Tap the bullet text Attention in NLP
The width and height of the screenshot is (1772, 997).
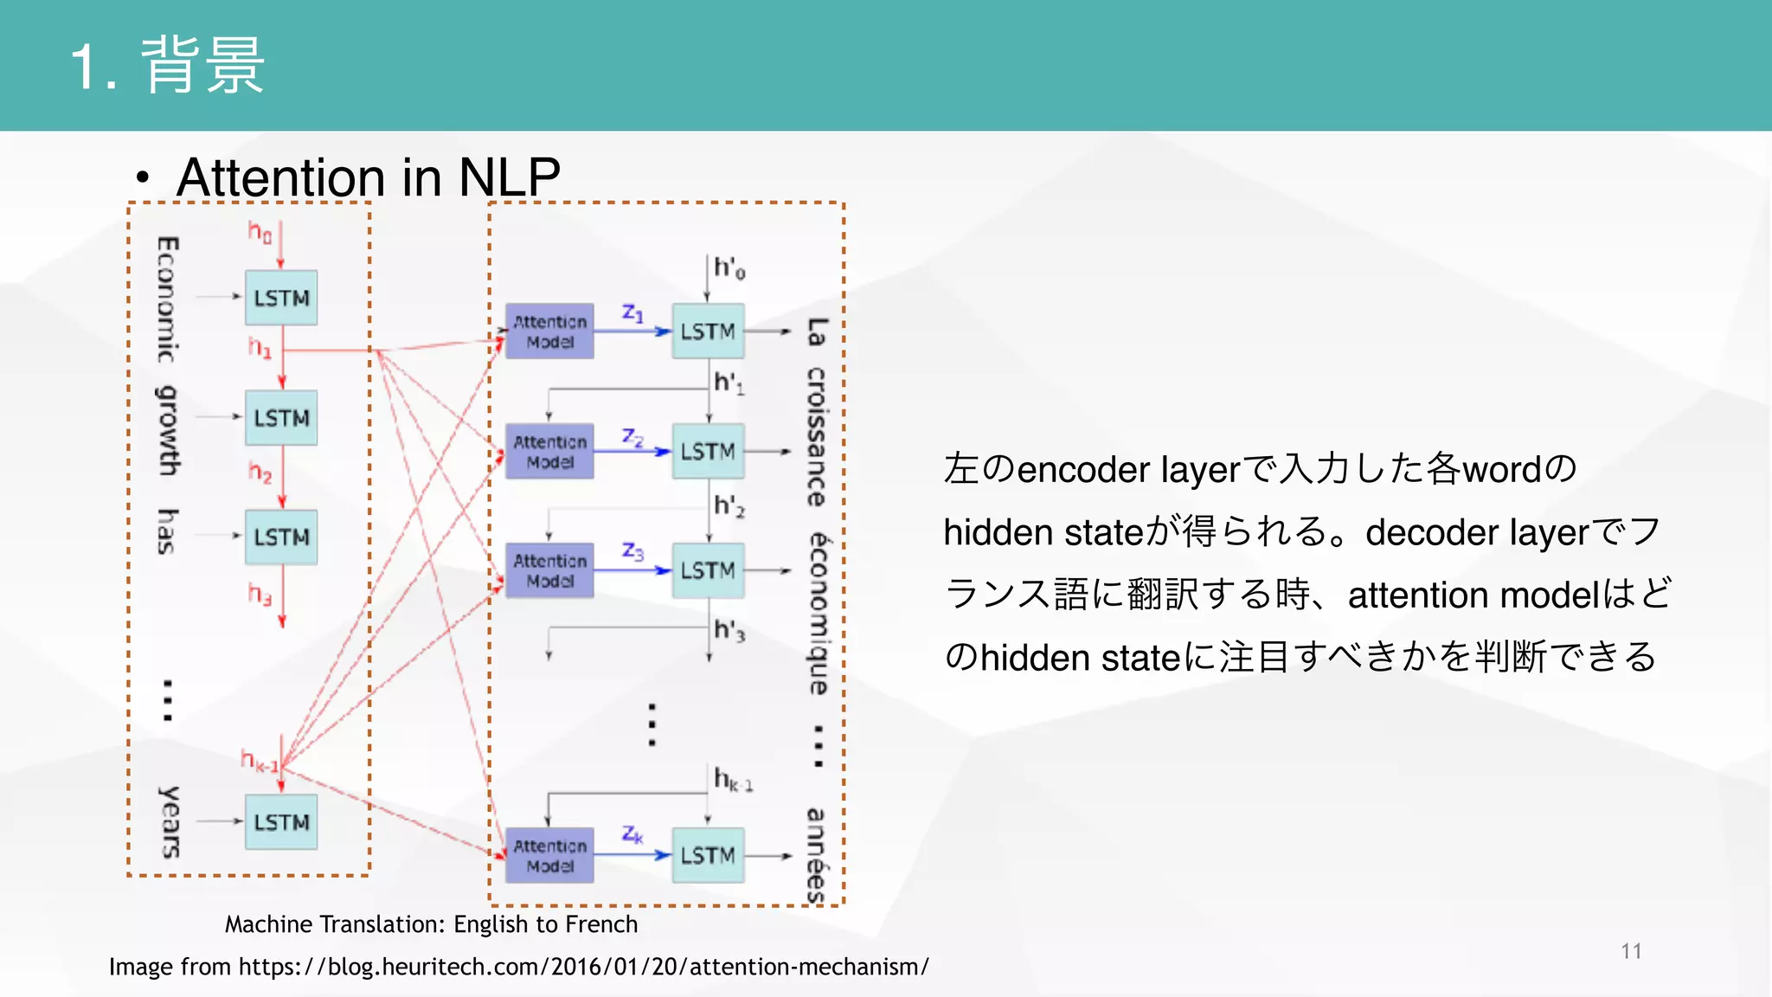coord(368,177)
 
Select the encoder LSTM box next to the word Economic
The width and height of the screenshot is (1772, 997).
coord(281,298)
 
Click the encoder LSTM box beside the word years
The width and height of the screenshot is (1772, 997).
coord(281,822)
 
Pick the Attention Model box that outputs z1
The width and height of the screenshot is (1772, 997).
coord(549,331)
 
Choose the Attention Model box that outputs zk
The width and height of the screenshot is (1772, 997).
coord(549,855)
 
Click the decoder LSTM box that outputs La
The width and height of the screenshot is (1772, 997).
coord(708,331)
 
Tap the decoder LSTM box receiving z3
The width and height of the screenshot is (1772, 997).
coord(708,571)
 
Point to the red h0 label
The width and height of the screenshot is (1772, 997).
coord(260,232)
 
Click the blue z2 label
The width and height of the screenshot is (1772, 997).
coord(632,438)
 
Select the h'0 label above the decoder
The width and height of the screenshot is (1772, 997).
coord(729,269)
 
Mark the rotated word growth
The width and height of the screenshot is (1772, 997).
coord(168,430)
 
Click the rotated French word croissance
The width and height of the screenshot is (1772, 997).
coord(816,437)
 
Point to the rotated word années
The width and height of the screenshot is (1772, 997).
coord(816,855)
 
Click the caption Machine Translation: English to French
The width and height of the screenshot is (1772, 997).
coord(431,924)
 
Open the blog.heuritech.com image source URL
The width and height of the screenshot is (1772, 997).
coord(583,967)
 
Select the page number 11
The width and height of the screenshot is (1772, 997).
coord(1631,951)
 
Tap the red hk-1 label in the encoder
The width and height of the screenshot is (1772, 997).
coord(259,762)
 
